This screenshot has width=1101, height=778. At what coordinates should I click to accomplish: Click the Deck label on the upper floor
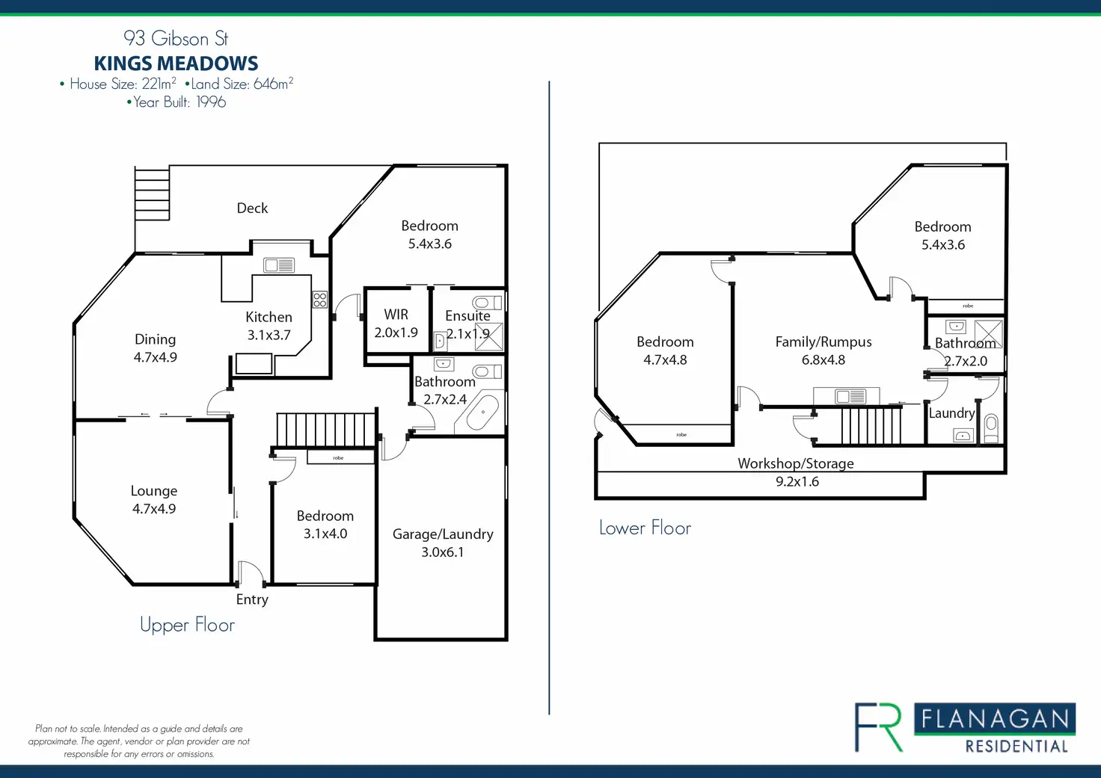pyautogui.click(x=252, y=209)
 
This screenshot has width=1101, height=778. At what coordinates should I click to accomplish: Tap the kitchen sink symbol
pyautogui.click(x=279, y=265)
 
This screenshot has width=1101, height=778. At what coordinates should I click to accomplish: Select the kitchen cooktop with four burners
pyautogui.click(x=320, y=300)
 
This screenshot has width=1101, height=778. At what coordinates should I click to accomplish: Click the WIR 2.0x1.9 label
pyautogui.click(x=396, y=324)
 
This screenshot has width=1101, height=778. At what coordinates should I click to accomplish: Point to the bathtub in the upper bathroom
pyautogui.click(x=482, y=413)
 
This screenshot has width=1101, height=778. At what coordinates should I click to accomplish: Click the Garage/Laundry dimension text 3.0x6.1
pyautogui.click(x=442, y=552)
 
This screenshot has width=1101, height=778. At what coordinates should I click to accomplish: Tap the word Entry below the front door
pyautogui.click(x=252, y=599)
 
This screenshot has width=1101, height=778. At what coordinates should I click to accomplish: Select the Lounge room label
pyautogui.click(x=154, y=491)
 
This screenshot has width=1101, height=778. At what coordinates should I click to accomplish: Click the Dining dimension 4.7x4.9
pyautogui.click(x=156, y=358)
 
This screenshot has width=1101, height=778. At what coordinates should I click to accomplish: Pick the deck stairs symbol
pyautogui.click(x=152, y=194)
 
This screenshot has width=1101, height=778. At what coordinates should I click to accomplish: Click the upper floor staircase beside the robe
pyautogui.click(x=325, y=430)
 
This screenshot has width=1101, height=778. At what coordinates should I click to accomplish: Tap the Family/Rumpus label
pyautogui.click(x=824, y=342)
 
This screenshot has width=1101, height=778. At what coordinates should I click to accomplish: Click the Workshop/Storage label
pyautogui.click(x=796, y=463)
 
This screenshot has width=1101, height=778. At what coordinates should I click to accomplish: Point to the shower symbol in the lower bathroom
pyautogui.click(x=988, y=333)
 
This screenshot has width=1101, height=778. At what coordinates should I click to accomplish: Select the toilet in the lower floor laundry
pyautogui.click(x=991, y=427)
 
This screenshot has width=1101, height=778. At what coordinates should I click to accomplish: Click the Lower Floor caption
pyautogui.click(x=645, y=528)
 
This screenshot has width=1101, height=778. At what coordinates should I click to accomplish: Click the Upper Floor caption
pyautogui.click(x=187, y=625)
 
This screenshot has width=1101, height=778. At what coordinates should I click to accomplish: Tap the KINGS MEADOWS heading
pyautogui.click(x=176, y=64)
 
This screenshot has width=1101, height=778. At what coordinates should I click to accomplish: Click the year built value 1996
pyautogui.click(x=211, y=102)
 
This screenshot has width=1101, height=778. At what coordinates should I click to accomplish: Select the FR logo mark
pyautogui.click(x=880, y=726)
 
